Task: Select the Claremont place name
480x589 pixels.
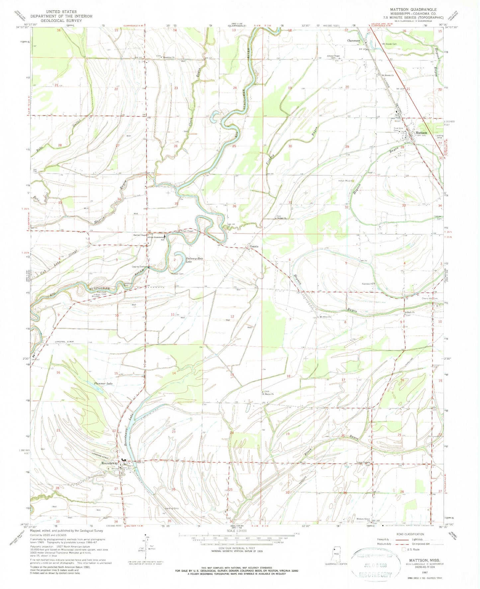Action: click(353, 41)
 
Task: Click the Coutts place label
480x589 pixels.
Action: click(254, 246)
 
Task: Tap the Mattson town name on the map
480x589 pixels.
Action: click(421, 133)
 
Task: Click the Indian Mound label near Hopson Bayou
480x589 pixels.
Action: click(345, 181)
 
